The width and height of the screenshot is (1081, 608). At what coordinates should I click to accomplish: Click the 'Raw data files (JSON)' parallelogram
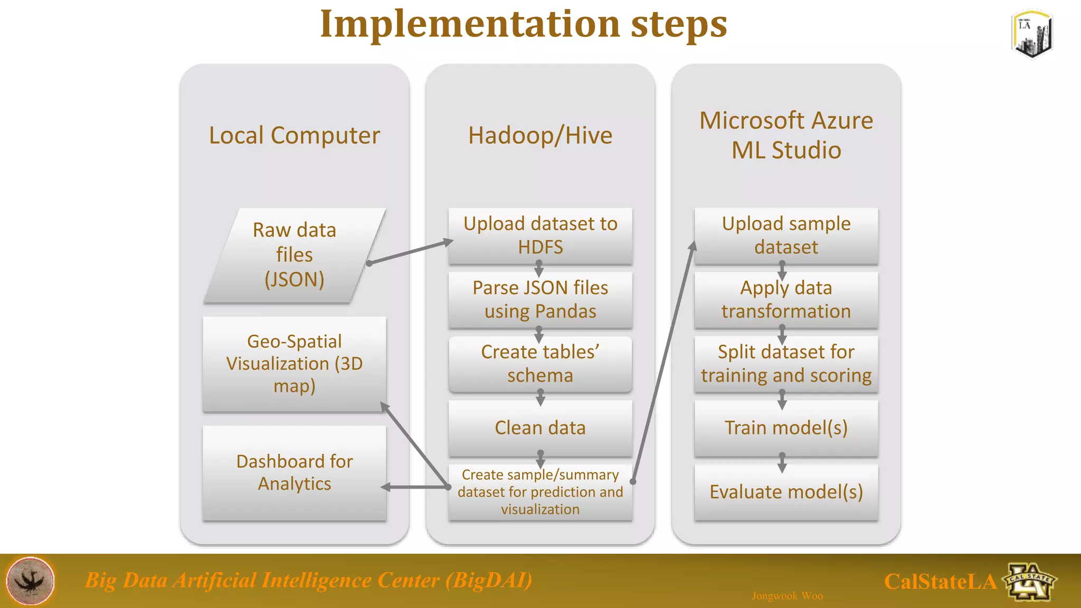point(295,255)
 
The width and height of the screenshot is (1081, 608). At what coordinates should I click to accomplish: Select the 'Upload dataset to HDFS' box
point(540,235)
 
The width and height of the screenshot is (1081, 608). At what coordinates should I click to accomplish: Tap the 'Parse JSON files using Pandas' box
point(540,299)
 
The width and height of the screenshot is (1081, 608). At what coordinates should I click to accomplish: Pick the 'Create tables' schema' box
point(540,364)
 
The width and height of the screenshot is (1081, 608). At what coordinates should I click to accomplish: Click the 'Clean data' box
point(540,427)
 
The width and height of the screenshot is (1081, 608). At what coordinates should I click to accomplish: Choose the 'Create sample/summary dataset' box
point(540,492)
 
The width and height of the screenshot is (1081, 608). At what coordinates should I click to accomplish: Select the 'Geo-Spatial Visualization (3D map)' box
point(295,364)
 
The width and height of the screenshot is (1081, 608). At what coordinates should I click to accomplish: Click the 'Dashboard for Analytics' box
point(295,472)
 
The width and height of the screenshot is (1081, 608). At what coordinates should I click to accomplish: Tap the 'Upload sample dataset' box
point(786,235)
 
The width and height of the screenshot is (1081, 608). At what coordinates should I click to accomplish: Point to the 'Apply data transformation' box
point(786,299)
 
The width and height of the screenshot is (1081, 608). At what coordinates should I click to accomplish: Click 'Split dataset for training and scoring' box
point(786,364)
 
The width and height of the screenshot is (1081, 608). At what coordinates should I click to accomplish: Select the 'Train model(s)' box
point(786,427)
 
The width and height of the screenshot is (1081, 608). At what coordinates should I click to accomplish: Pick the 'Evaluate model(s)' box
point(786,492)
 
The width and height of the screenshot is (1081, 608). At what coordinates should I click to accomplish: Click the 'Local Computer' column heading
point(295,136)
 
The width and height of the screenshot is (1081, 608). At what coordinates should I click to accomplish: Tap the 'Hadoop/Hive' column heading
point(540,136)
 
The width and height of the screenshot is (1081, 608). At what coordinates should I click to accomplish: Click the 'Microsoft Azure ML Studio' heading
point(786,135)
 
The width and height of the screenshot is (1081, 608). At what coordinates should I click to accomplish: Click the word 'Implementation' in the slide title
point(470,24)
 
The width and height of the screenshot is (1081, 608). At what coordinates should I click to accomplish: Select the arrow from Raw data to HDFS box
point(411,252)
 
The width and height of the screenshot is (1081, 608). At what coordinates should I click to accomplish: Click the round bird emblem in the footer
point(31,581)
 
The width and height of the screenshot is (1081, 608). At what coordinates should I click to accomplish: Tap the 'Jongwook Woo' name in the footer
point(787,596)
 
